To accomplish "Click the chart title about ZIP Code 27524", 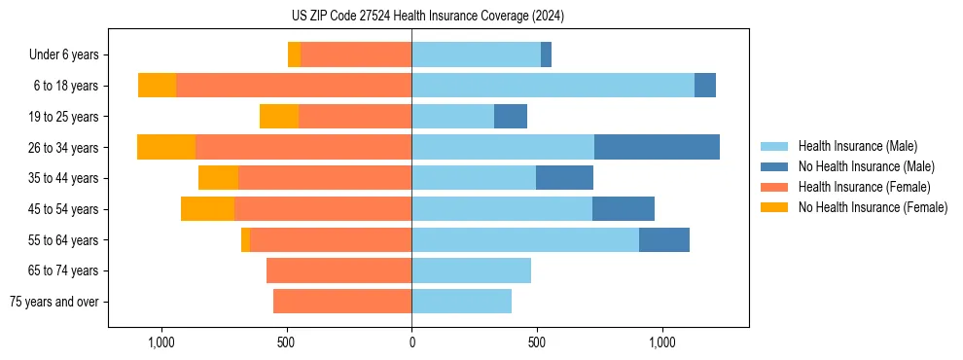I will coord(428,16).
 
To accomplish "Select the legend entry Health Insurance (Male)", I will coord(857,146).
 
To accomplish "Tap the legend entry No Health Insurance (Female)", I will coord(873,207).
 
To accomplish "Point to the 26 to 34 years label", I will coord(62,148).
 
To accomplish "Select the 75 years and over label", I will coord(54,302).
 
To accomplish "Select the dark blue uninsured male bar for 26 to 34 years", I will coord(657,147).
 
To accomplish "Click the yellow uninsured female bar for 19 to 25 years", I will coord(279,116).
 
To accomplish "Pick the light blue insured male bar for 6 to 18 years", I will coord(553,86).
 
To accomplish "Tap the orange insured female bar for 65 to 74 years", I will coord(339,270).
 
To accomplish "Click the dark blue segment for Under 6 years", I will coord(546,54).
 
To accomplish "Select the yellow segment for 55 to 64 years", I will coord(245,239).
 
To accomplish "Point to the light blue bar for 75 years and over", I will coord(461,302).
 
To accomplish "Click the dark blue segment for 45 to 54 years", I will coord(624,208).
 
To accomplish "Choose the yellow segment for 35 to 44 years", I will coord(218,178).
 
